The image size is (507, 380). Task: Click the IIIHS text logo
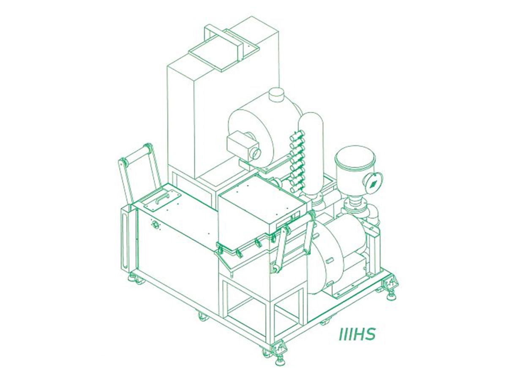357,334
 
